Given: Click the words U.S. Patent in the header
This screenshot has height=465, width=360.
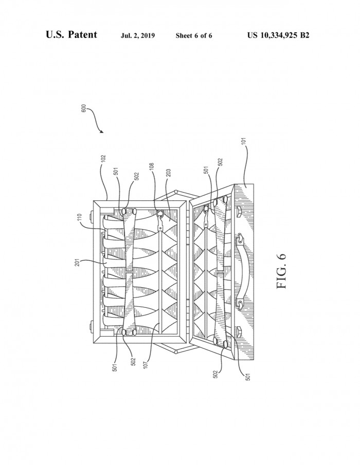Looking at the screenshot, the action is [x=71, y=35].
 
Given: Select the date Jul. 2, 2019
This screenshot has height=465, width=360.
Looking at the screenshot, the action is [x=138, y=36].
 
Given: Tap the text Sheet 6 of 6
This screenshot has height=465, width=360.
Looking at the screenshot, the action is [x=194, y=36].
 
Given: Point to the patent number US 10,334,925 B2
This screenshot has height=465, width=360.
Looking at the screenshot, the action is [x=278, y=35].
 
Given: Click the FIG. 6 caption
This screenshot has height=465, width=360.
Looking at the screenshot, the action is [x=281, y=271].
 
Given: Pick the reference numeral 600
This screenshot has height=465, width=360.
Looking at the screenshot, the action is [x=84, y=108].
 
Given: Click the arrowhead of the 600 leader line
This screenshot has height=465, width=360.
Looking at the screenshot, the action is [x=102, y=132].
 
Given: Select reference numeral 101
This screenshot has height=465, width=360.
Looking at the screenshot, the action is [x=244, y=141].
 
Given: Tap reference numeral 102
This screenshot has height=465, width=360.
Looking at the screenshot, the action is [x=103, y=159].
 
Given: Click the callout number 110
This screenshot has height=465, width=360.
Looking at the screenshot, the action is [x=80, y=218].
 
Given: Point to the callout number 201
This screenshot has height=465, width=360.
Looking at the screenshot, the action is [x=77, y=262].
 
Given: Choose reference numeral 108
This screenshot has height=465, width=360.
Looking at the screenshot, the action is [x=151, y=167].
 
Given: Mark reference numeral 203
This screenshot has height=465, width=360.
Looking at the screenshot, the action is [x=168, y=173].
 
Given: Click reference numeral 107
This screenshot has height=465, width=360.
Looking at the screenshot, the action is [x=146, y=364].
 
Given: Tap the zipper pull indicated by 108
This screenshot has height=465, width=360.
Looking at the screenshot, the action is [x=160, y=220].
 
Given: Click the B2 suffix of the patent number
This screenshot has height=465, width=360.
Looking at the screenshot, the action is [x=304, y=35].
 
